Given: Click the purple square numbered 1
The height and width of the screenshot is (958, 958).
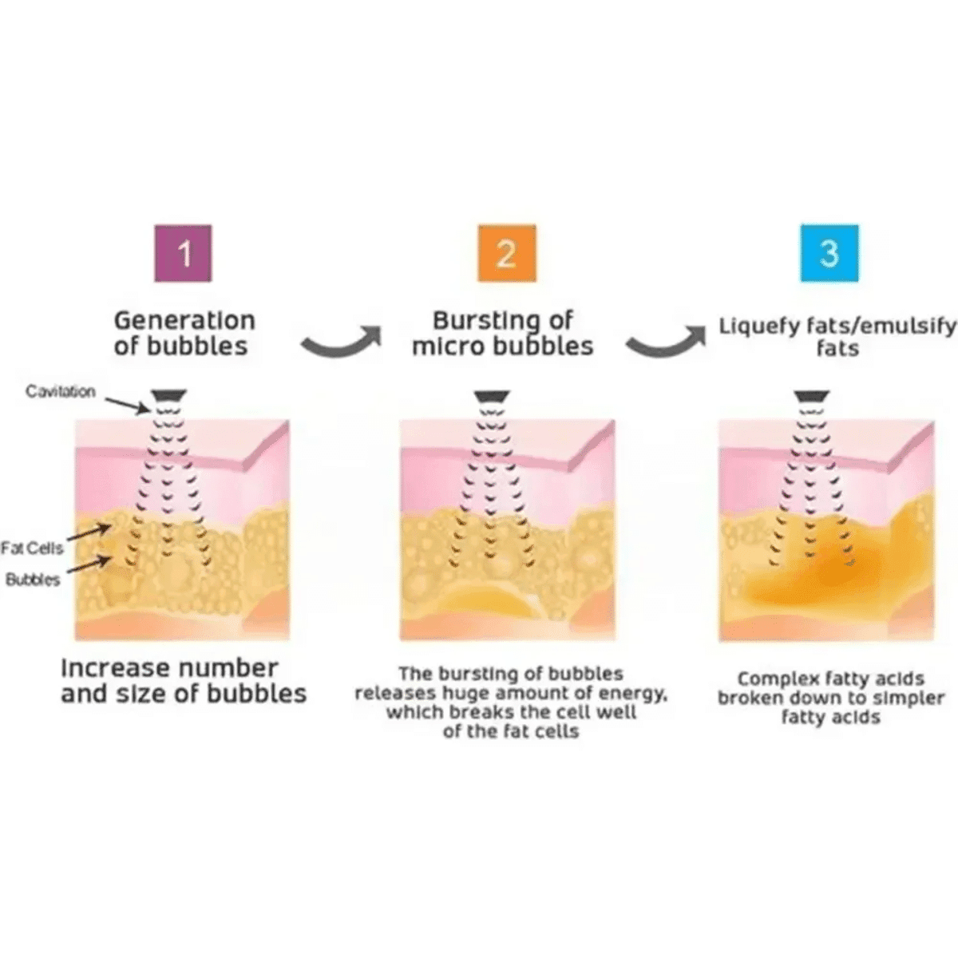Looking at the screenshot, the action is coord(183,253).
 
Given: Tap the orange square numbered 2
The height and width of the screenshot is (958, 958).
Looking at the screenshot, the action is coord(507,253).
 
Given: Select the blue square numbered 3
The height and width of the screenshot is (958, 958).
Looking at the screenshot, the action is coord(829,253).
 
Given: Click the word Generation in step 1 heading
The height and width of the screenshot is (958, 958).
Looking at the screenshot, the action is coord(184,321).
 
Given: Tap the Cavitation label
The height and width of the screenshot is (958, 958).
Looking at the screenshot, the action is coord(60,392).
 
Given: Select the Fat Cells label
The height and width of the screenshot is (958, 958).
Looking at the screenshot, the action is coord(32,548).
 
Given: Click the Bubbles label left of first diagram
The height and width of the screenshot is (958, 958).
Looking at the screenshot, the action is coord(33,579).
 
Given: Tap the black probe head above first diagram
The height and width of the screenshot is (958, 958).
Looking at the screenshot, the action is coord(169,395).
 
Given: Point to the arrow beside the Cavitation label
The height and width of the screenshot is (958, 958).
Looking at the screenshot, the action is coord(127,406).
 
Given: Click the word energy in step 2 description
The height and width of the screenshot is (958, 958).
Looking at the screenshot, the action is coord(635,693).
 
